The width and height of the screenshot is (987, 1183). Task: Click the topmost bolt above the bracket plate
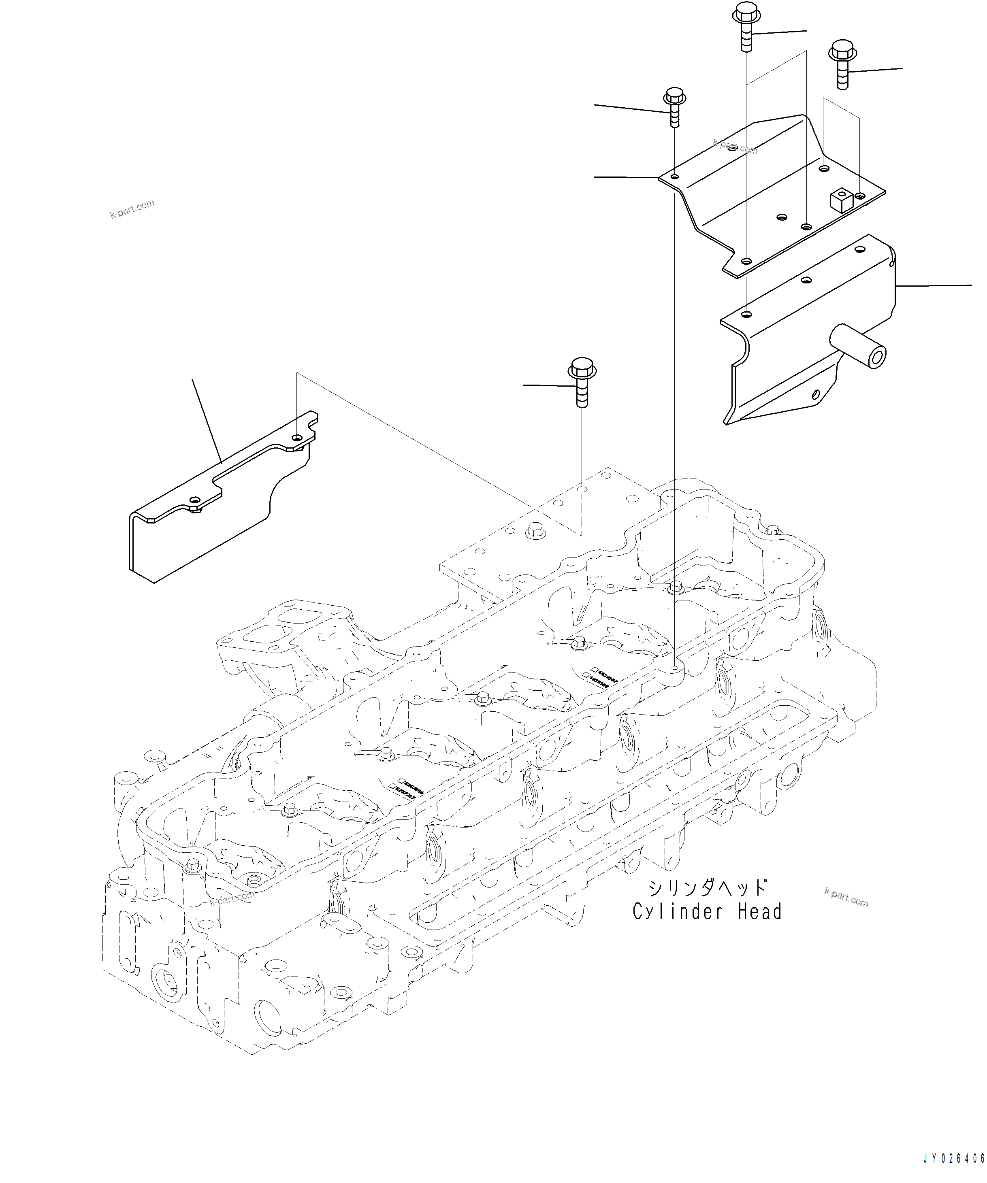pos(746,26)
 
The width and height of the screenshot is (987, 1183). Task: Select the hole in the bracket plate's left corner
pos(675,177)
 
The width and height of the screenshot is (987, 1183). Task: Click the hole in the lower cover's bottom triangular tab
pos(816,395)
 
